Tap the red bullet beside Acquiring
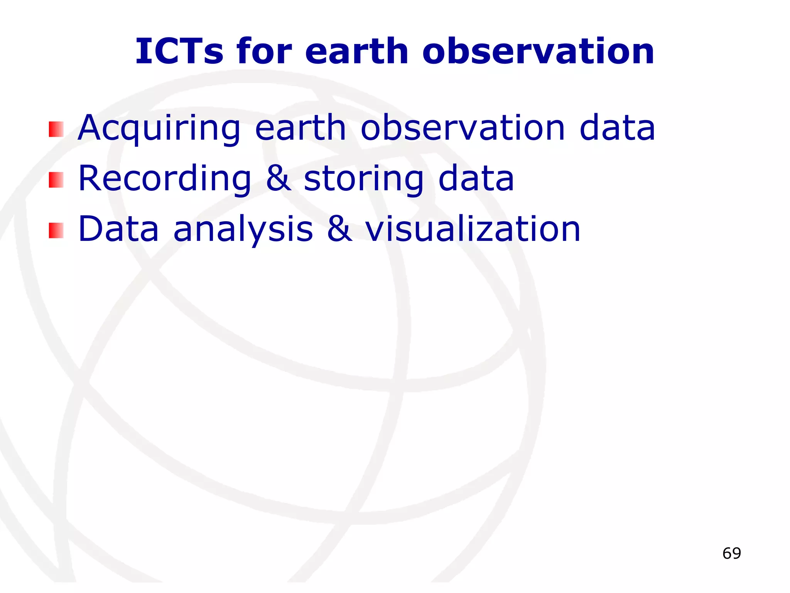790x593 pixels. click(x=56, y=129)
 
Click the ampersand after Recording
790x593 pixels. click(x=278, y=178)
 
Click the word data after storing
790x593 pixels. click(x=476, y=178)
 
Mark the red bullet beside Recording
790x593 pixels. click(x=56, y=180)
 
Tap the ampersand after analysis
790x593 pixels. click(x=339, y=229)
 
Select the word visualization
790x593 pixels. click(x=473, y=229)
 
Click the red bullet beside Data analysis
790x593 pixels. click(x=56, y=230)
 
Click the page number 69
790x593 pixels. click(x=731, y=554)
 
